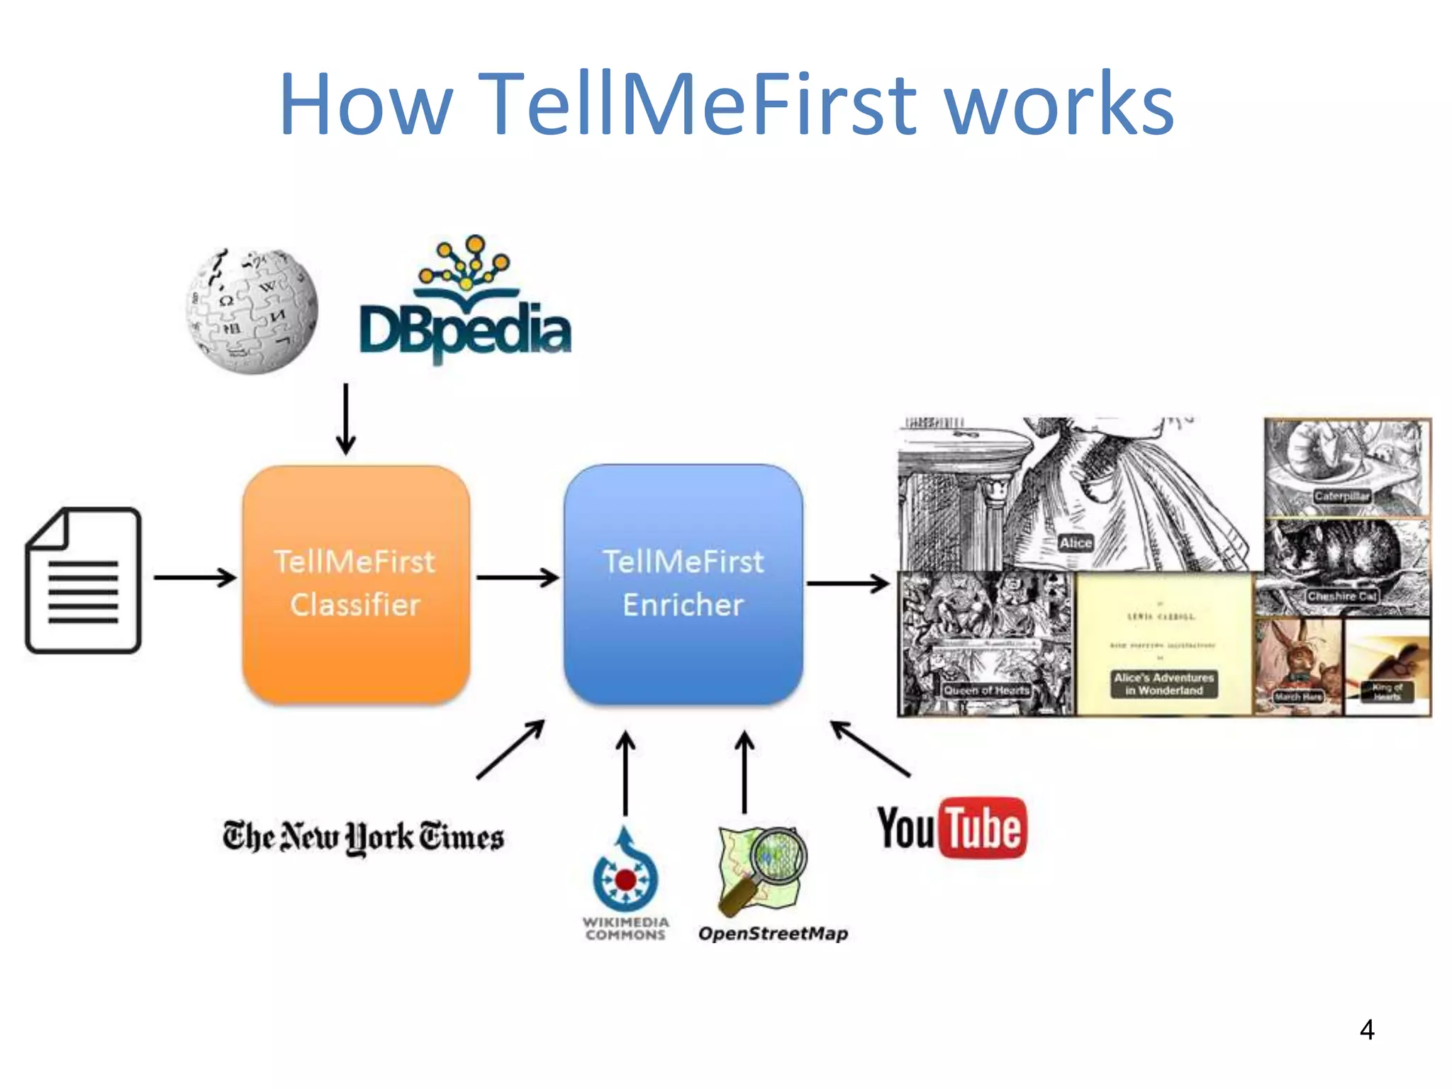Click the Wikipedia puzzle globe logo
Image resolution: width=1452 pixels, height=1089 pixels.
coord(252,311)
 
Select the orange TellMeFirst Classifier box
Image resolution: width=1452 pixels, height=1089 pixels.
coord(356,584)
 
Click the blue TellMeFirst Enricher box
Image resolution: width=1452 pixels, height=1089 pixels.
coord(683,584)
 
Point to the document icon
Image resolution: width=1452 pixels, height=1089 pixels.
coord(84,580)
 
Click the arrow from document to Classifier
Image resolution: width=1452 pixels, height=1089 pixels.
coord(194,578)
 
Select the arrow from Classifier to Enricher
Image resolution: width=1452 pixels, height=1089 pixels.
coord(517,578)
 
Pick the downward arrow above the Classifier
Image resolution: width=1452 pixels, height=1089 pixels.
coord(346,418)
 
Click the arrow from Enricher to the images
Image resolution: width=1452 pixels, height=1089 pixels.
coord(848,583)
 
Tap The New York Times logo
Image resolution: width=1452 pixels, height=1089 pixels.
coord(363,837)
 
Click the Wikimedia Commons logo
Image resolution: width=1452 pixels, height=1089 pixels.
coord(625,883)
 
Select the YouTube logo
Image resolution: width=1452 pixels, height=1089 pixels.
coord(952,828)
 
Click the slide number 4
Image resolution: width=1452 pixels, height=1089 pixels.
coord(1367,1029)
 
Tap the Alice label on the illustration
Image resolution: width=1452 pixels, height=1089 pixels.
coord(1076,543)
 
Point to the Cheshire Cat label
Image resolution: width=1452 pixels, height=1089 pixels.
coord(1341,597)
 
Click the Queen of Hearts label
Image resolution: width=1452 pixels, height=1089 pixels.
coord(986,690)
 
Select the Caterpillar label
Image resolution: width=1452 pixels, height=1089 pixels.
coord(1341,496)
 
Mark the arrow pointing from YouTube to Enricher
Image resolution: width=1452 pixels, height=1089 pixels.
coord(871,749)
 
